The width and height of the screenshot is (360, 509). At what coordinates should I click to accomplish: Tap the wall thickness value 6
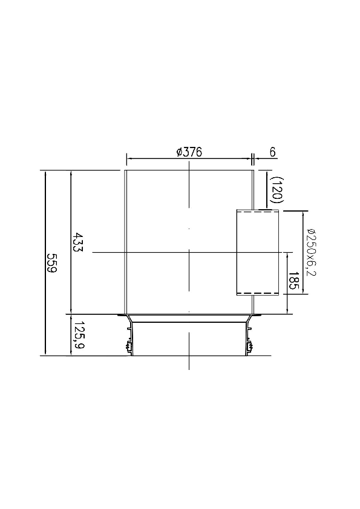(273, 152)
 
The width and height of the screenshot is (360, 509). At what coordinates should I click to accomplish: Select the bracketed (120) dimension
(278, 189)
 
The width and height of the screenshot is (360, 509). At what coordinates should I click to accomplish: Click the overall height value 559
(52, 263)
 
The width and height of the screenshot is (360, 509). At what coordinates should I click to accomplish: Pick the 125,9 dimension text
(78, 336)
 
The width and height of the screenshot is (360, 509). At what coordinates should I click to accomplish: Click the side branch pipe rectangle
(258, 253)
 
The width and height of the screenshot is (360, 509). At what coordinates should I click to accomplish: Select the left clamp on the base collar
(128, 348)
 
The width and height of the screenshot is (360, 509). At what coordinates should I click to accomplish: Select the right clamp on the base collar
(249, 348)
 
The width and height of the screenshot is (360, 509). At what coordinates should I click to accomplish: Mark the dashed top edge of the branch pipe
(258, 211)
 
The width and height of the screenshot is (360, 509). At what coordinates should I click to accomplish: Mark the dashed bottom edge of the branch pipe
(258, 294)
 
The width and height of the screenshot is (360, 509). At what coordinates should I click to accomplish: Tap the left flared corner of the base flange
(128, 319)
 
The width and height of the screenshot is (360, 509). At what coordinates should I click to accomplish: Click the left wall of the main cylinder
(125, 242)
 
